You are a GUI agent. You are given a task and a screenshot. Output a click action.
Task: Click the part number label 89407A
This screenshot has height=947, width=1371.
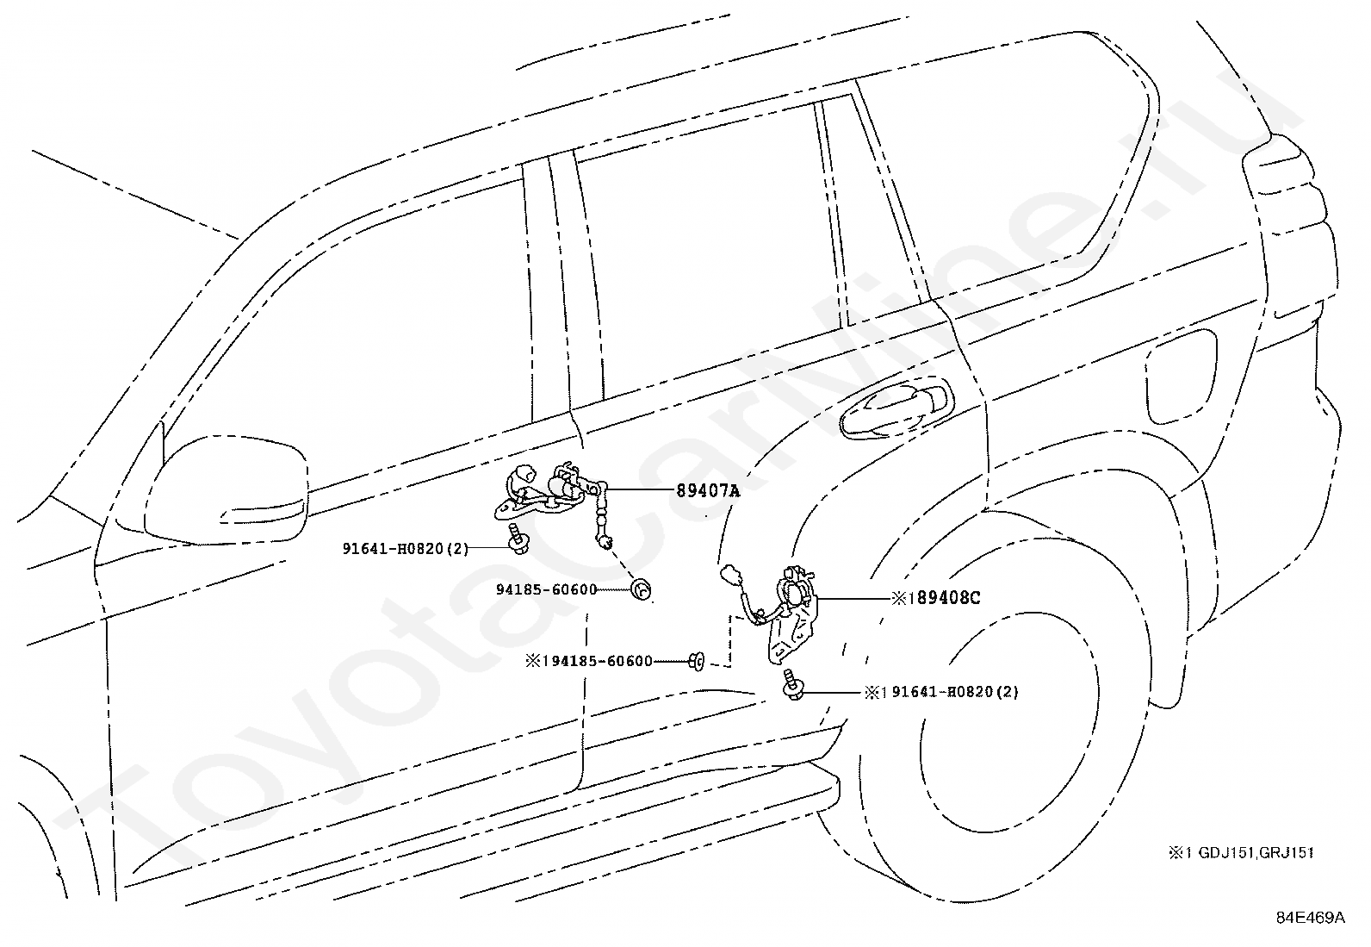click(708, 490)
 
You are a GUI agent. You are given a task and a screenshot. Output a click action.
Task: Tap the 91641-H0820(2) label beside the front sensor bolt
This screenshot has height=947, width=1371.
click(405, 548)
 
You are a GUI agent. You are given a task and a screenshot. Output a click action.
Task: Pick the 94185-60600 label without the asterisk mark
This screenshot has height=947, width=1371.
click(547, 590)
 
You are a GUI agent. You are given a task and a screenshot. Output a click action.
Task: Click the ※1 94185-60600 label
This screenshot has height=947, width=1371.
click(589, 662)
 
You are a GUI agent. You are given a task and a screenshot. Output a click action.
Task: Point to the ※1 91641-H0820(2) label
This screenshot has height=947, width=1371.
click(941, 692)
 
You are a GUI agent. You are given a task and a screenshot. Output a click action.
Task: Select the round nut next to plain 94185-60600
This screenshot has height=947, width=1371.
click(640, 590)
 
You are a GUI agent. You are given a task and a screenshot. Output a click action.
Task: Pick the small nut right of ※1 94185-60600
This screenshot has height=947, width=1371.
click(698, 661)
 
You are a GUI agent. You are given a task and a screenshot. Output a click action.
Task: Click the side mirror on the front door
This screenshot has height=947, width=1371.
click(226, 490)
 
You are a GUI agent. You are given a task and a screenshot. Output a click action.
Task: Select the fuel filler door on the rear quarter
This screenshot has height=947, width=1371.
click(1181, 376)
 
